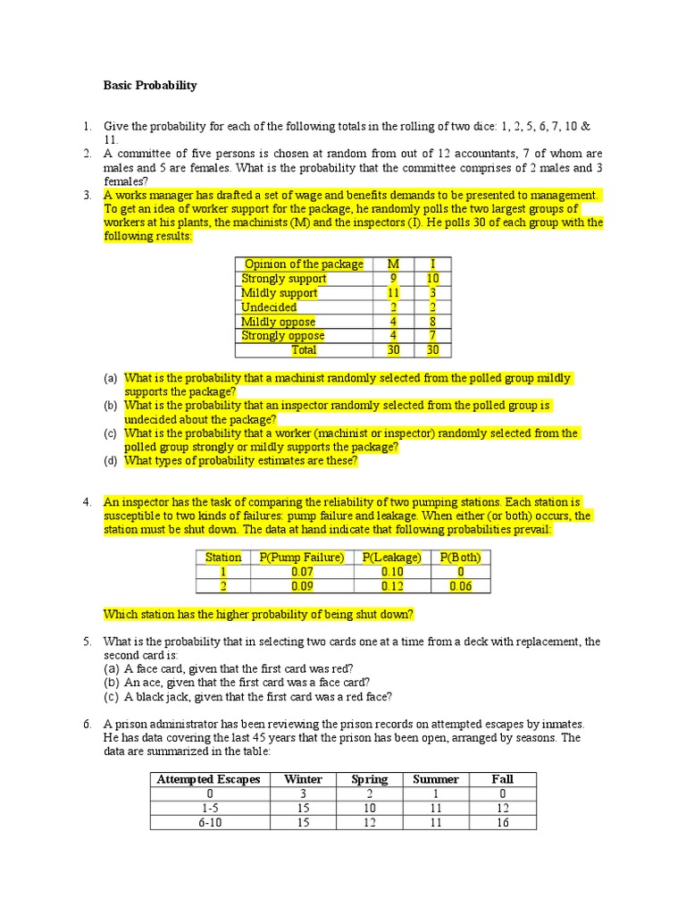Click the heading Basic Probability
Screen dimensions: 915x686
[150, 86]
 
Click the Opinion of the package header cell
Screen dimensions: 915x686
[304, 264]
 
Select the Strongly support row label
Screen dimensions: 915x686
[284, 278]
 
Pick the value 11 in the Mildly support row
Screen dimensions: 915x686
[393, 292]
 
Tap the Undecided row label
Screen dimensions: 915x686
[269, 306]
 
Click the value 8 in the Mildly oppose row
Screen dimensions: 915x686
[432, 321]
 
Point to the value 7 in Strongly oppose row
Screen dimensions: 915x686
[432, 335]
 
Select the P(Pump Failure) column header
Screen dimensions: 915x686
[302, 558]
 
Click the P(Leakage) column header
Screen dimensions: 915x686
[391, 558]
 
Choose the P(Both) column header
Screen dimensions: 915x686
[460, 558]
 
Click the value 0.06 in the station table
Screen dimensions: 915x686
[460, 586]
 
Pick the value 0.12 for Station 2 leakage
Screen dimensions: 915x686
[391, 586]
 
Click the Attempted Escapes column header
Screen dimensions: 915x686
[208, 779]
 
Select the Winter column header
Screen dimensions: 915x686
[303, 779]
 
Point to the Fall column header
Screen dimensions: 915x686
[502, 779]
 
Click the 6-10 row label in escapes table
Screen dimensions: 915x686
[209, 822]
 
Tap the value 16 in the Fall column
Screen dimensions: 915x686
[502, 822]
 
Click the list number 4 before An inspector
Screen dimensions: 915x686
[88, 502]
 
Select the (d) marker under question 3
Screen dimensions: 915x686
[111, 461]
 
